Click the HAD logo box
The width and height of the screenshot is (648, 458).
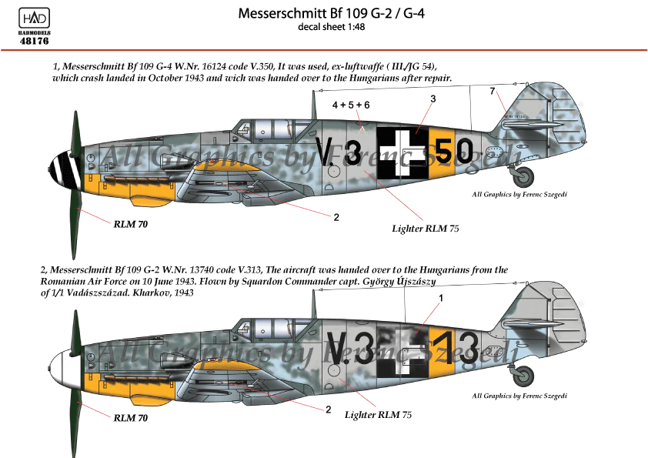coord(35,18)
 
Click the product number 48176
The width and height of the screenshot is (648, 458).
coord(35,41)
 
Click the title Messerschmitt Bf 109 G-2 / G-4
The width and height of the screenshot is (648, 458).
coord(331,13)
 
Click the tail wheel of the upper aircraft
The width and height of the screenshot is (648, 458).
coord(523,176)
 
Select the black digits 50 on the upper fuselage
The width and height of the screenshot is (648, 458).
coord(454,152)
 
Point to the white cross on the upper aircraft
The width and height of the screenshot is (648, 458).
coord(402,153)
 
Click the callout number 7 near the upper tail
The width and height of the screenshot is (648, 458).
coord(493,92)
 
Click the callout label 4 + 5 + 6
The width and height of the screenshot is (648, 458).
coord(351,105)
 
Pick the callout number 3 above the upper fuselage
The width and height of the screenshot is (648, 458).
coord(433,99)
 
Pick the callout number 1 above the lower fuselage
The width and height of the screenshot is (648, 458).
coord(441,298)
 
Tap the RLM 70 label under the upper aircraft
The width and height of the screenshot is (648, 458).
coord(131,224)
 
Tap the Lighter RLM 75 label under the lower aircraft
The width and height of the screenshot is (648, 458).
coord(378,415)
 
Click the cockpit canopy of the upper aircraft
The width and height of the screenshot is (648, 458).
coord(273,129)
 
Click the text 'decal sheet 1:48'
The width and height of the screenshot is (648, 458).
coord(332,27)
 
